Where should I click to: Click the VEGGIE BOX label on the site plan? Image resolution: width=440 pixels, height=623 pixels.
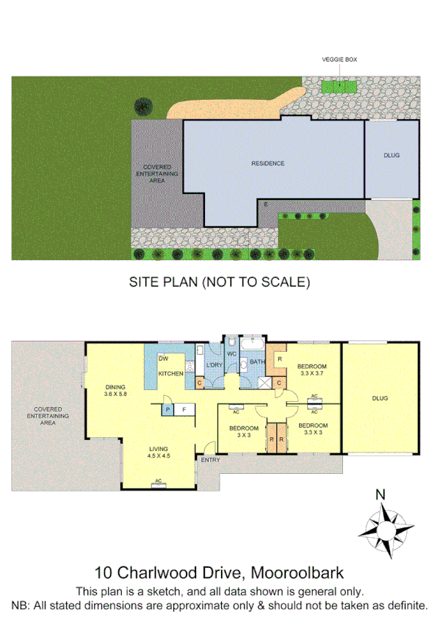[x=339, y=61]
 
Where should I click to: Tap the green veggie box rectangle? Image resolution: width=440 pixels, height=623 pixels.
[x=339, y=86]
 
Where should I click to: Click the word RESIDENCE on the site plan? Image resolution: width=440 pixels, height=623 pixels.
[x=267, y=163]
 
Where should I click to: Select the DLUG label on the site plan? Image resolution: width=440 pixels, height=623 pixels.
[x=391, y=156]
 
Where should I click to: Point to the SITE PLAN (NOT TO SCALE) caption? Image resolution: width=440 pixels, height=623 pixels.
[x=220, y=281]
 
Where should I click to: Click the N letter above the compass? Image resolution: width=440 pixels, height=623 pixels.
[x=380, y=494]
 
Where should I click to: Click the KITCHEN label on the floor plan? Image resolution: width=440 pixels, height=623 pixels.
[x=171, y=374]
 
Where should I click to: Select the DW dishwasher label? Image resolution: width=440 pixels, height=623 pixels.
[x=165, y=359]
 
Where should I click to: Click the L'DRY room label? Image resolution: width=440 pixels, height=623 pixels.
[x=214, y=365]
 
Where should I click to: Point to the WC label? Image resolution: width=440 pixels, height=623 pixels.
[x=231, y=354]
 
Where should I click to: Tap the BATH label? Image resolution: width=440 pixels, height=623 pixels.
[x=256, y=362]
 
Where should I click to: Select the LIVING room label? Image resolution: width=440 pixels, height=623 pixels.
[x=158, y=448]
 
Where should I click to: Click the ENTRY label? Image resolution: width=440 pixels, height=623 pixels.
[x=210, y=461]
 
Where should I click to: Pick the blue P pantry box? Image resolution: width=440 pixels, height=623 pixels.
[x=168, y=410]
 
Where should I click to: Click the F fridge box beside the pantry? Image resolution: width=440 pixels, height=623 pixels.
[x=184, y=410]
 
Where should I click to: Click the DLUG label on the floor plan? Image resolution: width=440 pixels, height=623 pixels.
[x=379, y=398]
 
